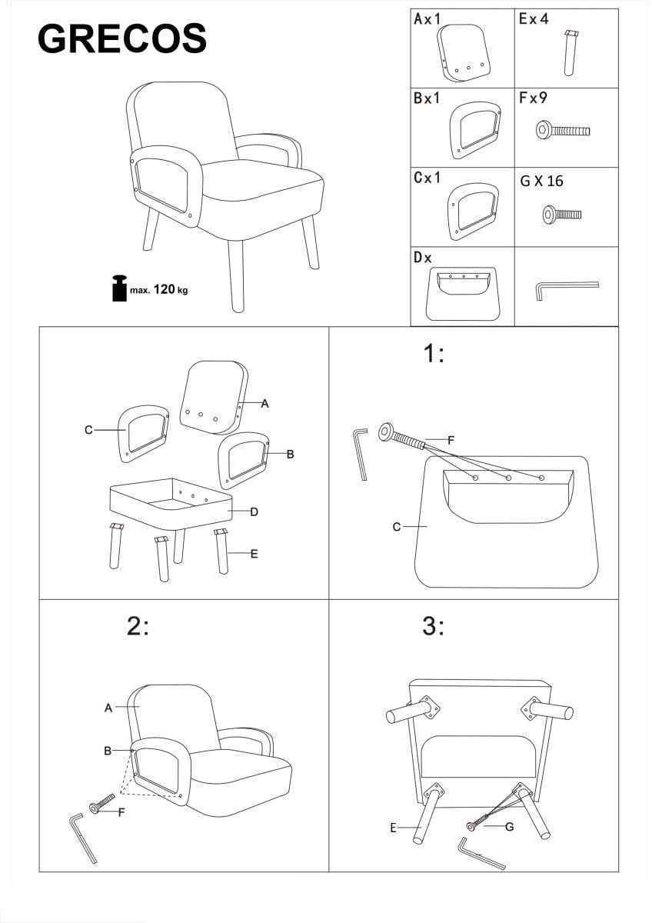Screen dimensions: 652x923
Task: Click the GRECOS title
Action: click(x=122, y=38)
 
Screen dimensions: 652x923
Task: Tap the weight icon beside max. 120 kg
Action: click(x=119, y=288)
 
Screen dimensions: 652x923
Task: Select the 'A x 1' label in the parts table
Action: click(x=427, y=19)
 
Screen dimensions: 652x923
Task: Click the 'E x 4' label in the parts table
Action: click(x=534, y=19)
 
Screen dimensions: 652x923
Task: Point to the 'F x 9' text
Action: click(x=533, y=98)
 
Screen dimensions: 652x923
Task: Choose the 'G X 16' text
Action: click(x=541, y=181)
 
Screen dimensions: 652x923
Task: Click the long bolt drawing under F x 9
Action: click(x=563, y=131)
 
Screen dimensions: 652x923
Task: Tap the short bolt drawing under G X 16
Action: click(x=562, y=215)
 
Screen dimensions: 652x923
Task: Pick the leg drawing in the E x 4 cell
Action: click(x=570, y=53)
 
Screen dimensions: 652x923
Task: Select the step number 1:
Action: click(x=434, y=354)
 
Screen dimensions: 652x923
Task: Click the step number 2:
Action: click(x=138, y=626)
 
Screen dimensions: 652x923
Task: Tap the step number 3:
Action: click(x=434, y=626)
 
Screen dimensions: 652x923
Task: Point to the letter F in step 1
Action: click(x=451, y=441)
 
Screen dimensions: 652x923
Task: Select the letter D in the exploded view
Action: click(x=254, y=512)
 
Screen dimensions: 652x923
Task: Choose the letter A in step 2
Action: click(x=108, y=708)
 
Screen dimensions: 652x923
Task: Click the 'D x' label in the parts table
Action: click(x=423, y=258)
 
